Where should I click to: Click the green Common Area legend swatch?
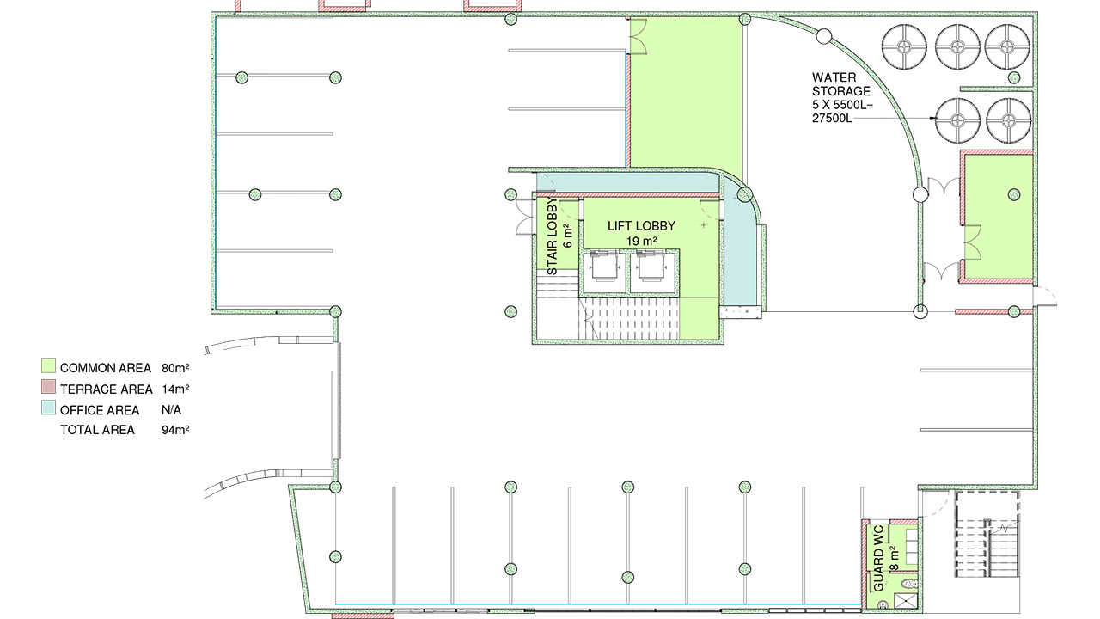point(49,367)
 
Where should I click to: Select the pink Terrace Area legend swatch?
point(49,389)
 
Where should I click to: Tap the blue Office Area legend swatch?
point(49,409)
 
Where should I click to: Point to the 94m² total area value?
point(175,430)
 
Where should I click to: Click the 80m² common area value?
point(175,368)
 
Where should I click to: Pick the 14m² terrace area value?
point(175,389)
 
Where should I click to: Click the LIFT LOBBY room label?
point(641,226)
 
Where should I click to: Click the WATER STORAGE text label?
point(840,84)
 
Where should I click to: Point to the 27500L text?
point(832,118)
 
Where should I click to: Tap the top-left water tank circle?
point(905,45)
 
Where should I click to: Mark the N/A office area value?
point(172,410)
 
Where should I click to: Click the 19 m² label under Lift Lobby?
point(641,242)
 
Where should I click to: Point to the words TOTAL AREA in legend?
point(97,430)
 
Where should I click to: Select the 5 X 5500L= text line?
point(843,105)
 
